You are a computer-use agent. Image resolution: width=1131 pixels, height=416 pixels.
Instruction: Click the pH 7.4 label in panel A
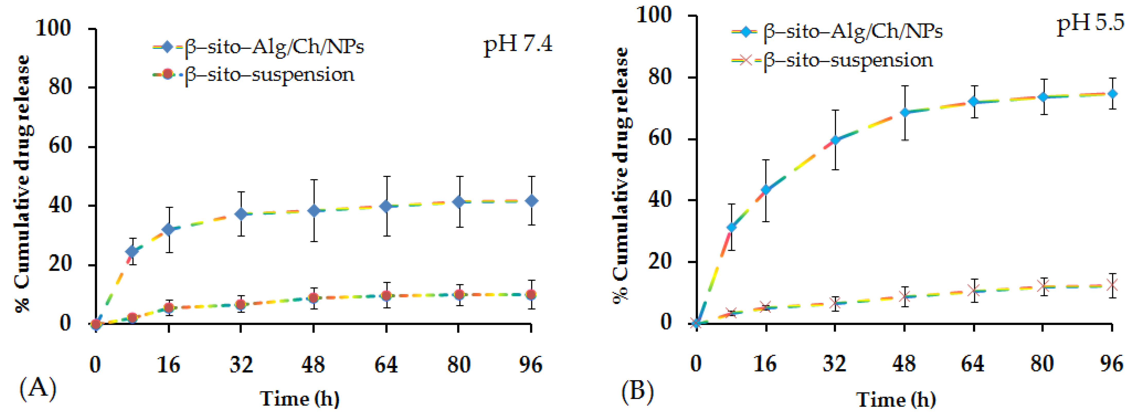pyautogui.click(x=518, y=44)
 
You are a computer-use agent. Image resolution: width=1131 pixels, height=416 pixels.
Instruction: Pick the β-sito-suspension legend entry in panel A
pyautogui.click(x=254, y=75)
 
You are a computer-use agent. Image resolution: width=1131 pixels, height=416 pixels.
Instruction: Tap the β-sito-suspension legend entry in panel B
pyautogui.click(x=832, y=60)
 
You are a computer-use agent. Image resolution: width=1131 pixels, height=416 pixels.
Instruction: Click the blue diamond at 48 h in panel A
pyautogui.click(x=314, y=211)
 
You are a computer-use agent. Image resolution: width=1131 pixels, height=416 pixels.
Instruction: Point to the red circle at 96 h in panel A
pyautogui.click(x=531, y=294)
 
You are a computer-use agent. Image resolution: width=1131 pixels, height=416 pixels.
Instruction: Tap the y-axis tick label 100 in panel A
pyautogui.click(x=53, y=29)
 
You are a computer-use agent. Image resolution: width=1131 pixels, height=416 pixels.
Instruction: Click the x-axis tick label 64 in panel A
pyautogui.click(x=386, y=365)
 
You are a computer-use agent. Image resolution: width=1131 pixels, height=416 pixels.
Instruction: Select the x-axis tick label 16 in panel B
pyautogui.click(x=765, y=364)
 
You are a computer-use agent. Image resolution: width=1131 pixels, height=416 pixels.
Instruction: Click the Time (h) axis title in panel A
pyautogui.click(x=300, y=399)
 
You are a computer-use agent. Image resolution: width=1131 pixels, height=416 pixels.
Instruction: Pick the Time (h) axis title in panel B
pyautogui.click(x=896, y=399)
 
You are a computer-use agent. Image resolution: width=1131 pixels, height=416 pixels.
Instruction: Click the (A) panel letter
pyautogui.click(x=38, y=388)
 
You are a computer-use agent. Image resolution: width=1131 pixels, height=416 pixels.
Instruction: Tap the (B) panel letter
pyautogui.click(x=637, y=391)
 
